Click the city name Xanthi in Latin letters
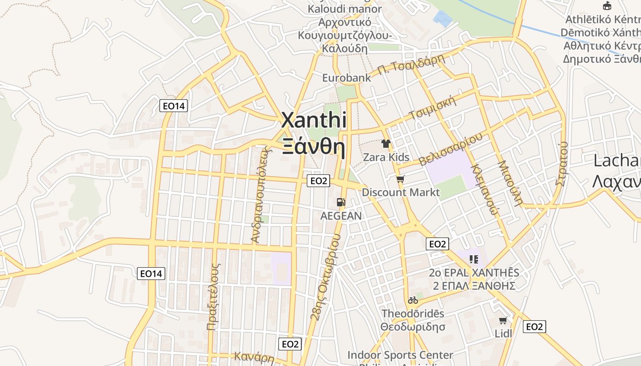tap(314, 120)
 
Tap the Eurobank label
tap(347, 78)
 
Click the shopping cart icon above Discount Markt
tap(401, 179)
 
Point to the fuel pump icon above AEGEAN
tap(341, 202)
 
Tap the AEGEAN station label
tap(341, 215)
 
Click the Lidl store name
tap(504, 334)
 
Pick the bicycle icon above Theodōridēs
tap(413, 301)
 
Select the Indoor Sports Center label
tap(400, 355)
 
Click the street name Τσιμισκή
tap(433, 108)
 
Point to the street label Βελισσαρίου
tap(451, 149)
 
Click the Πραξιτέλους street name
tap(214, 296)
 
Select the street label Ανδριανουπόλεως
tap(259, 194)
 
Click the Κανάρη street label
tap(254, 357)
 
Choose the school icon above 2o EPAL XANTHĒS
tap(474, 259)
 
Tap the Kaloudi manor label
tap(345, 9)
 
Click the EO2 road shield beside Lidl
tap(534, 327)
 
